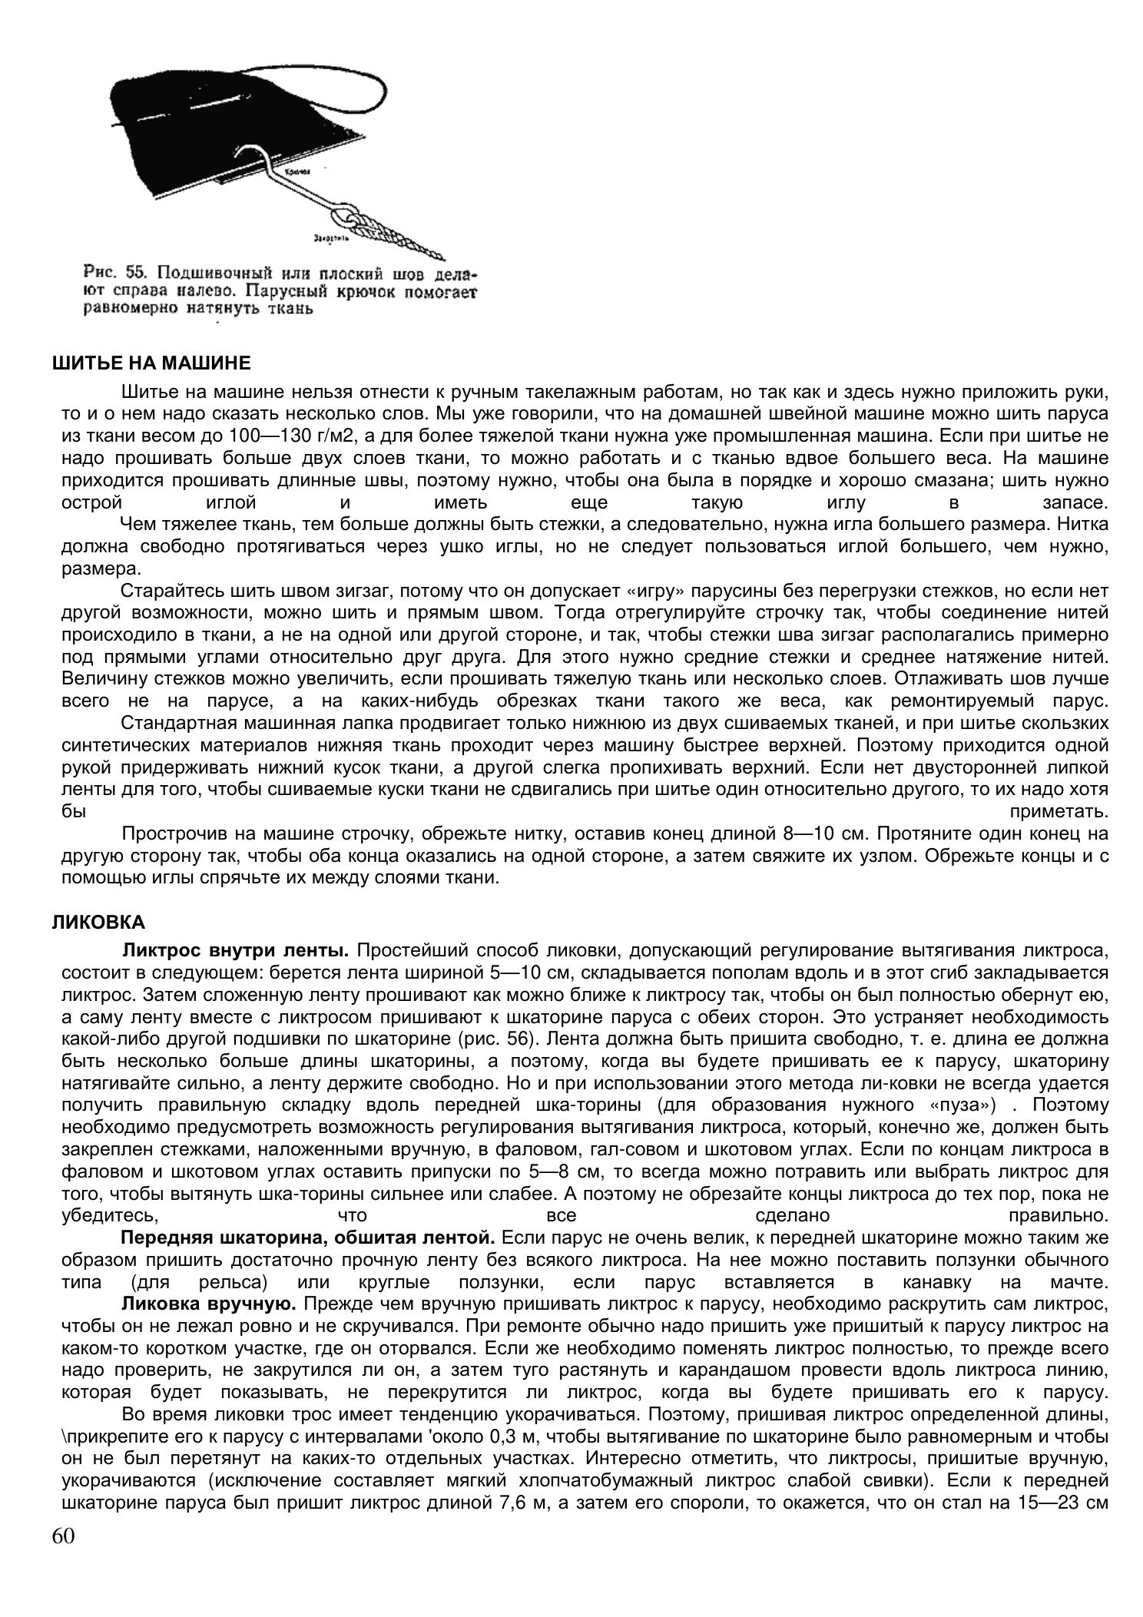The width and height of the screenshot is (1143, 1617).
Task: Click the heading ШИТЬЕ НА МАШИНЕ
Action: tap(151, 363)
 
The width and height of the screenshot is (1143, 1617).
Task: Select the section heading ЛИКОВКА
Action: tap(98, 921)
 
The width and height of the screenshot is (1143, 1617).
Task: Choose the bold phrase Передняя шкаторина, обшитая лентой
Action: tap(307, 1238)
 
